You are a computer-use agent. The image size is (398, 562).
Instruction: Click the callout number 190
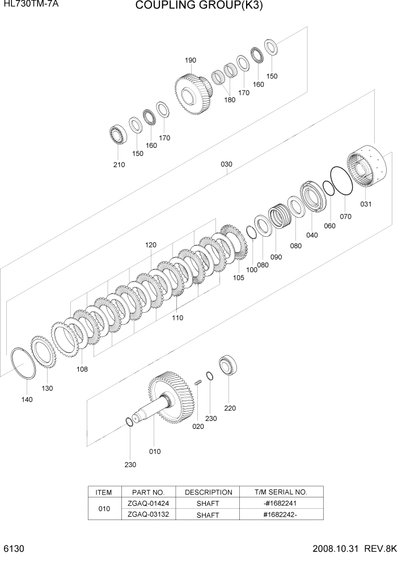point(190,60)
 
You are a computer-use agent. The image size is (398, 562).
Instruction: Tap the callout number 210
point(118,165)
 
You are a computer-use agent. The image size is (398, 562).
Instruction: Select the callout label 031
point(366,204)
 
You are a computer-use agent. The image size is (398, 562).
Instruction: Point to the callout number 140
point(27,399)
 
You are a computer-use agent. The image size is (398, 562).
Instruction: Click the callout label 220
point(230,408)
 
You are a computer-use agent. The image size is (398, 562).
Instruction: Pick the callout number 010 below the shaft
point(154,452)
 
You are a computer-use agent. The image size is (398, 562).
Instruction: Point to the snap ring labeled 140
point(24,365)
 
